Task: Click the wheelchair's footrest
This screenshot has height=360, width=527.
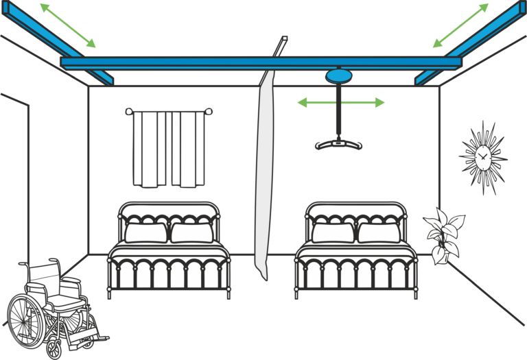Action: [x=93, y=337]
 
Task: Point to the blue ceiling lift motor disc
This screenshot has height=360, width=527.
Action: [x=338, y=75]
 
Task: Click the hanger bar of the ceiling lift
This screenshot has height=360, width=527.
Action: [x=338, y=144]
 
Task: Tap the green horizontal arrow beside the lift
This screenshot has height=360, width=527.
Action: [x=340, y=103]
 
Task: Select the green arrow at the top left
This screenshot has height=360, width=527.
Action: [x=67, y=25]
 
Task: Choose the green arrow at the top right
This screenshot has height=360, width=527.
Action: [x=461, y=25]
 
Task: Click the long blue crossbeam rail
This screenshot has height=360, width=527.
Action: [x=261, y=62]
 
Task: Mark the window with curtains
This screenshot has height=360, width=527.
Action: [x=168, y=147]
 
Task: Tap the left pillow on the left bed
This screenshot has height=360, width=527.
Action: [x=145, y=232]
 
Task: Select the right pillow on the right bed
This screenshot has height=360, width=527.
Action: [x=379, y=232]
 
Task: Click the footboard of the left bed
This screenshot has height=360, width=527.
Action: [x=169, y=271]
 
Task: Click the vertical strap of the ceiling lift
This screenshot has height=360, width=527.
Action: [x=338, y=110]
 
